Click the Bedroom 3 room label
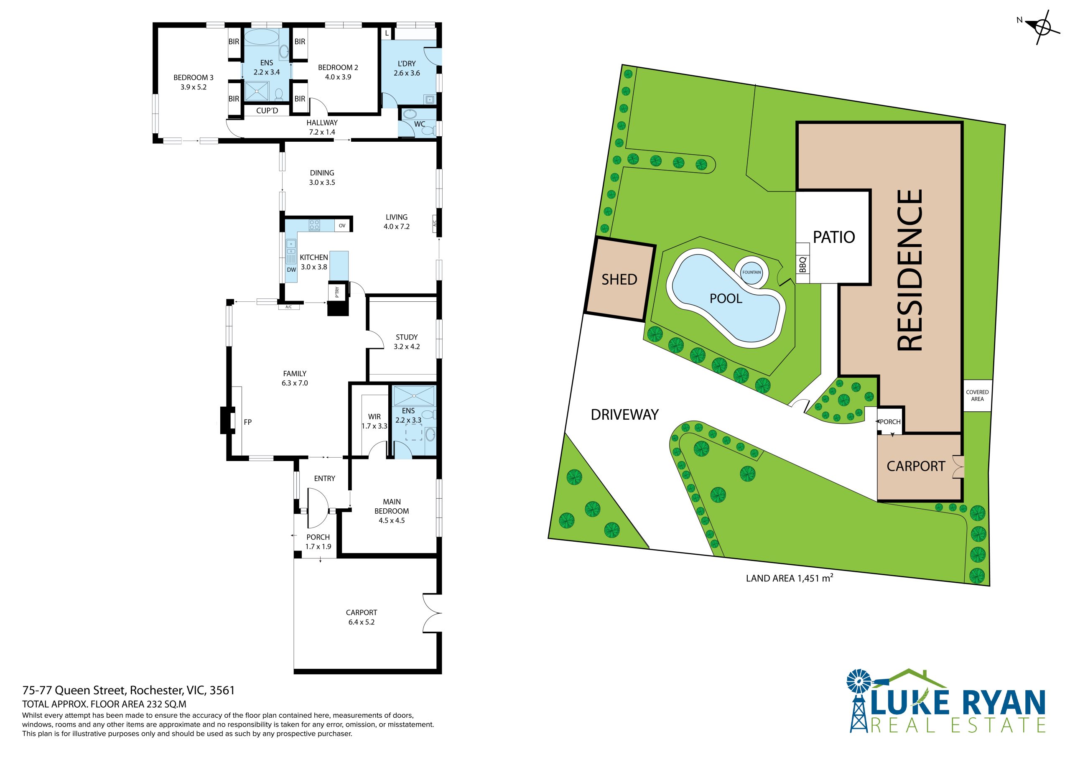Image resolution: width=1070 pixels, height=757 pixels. pos(194,82)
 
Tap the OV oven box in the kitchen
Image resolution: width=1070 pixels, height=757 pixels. pos(342,226)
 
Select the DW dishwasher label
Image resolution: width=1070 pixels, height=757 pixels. pos(291,270)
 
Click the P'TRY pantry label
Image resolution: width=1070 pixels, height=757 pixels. pos(337,292)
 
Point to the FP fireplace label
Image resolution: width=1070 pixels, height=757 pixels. pos(247,422)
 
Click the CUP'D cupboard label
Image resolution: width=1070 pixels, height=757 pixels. pos(267,111)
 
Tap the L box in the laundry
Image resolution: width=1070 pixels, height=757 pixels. pos(387,33)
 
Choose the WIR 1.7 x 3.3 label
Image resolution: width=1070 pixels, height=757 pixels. pos(374,421)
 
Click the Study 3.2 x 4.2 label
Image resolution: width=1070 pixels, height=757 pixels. pos(407,342)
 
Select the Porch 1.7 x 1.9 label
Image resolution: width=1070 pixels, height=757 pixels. pos(318,542)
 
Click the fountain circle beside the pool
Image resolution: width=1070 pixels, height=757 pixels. pos(751,272)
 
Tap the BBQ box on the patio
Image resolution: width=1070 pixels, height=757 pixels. pos(802,264)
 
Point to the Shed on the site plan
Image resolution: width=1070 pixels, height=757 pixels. pos(620,279)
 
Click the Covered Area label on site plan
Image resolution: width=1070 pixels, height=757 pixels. pos(977,395)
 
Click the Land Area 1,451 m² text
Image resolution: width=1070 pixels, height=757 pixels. pos(790,578)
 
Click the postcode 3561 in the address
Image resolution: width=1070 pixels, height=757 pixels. pos(222,691)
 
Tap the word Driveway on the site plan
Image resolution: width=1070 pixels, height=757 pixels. pos(624,414)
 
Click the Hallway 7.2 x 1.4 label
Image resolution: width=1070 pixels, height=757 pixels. pos(322,127)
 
